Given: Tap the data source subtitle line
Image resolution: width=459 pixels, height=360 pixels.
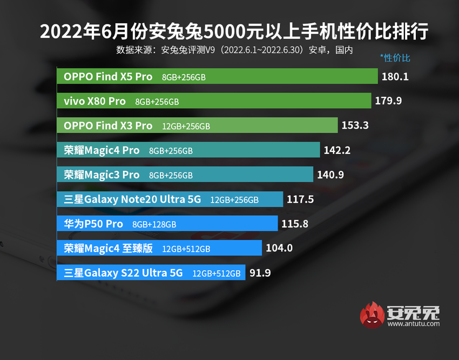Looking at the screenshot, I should pos(234,50).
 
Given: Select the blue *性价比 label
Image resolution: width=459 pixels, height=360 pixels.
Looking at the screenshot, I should pos(395,57).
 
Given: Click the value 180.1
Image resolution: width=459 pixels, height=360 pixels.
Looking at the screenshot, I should pos(395,77).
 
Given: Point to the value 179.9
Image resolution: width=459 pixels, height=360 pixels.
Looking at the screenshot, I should pos(388,101).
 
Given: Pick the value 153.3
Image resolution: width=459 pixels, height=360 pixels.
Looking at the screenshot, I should pos(355,125).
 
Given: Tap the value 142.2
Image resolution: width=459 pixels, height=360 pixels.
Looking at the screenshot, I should pos(336,150).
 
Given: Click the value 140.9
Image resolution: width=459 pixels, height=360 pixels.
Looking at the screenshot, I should pos(330,175).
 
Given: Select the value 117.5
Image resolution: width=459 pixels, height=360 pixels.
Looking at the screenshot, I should pos(300,199).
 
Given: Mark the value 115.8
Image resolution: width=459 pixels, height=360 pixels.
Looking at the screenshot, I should pos(295,224).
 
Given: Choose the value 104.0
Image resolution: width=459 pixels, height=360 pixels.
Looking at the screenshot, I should pos(279,248).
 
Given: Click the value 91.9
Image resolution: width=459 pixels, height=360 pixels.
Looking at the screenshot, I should pos(260,273).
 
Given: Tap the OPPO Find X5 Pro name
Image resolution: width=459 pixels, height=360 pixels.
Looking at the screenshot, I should pos(108,77).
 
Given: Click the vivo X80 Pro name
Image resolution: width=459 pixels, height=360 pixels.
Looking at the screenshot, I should pos(94,101).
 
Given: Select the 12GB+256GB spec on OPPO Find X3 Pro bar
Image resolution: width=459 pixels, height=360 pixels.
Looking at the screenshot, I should pos(186,126).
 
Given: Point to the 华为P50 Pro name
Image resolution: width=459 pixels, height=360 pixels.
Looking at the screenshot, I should pos(93,224).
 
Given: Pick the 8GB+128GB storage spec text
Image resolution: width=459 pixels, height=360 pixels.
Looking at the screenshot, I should pos(154,224).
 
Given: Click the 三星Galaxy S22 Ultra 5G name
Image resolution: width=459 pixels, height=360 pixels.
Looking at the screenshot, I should pos(123,273).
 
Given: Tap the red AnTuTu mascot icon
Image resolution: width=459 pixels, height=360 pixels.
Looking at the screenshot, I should pos(373,315).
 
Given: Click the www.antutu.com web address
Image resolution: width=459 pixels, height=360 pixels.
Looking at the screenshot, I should pos(413,324).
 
